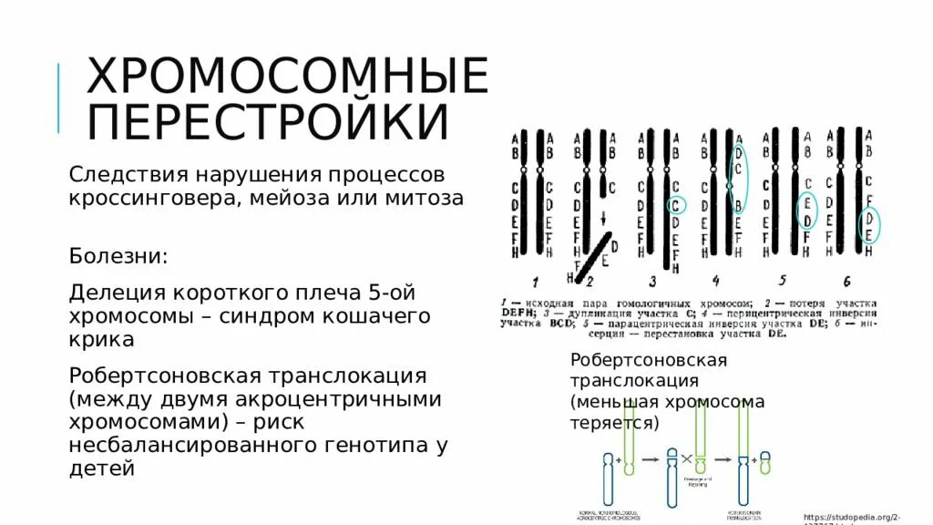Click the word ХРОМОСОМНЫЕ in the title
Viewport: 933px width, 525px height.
(x=287, y=77)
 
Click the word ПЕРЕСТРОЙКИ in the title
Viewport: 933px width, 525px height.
(x=268, y=122)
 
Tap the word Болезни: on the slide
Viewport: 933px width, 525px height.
(x=118, y=255)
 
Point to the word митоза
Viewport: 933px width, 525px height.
(x=425, y=199)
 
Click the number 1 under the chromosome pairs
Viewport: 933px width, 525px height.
(x=536, y=281)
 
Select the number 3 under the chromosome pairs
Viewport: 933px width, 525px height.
(x=652, y=281)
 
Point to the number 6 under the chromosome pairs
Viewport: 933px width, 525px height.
(x=846, y=281)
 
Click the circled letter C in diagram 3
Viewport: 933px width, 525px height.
(x=675, y=206)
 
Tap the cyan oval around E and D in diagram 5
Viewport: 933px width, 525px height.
(x=806, y=211)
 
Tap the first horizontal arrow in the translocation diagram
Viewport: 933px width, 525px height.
(x=651, y=459)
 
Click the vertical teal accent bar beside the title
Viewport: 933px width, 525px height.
(x=60, y=98)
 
